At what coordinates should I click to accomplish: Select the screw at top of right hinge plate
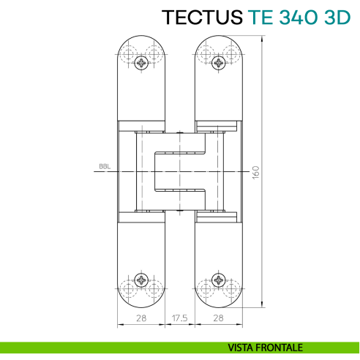point(219,63)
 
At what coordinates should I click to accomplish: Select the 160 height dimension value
point(256,172)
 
